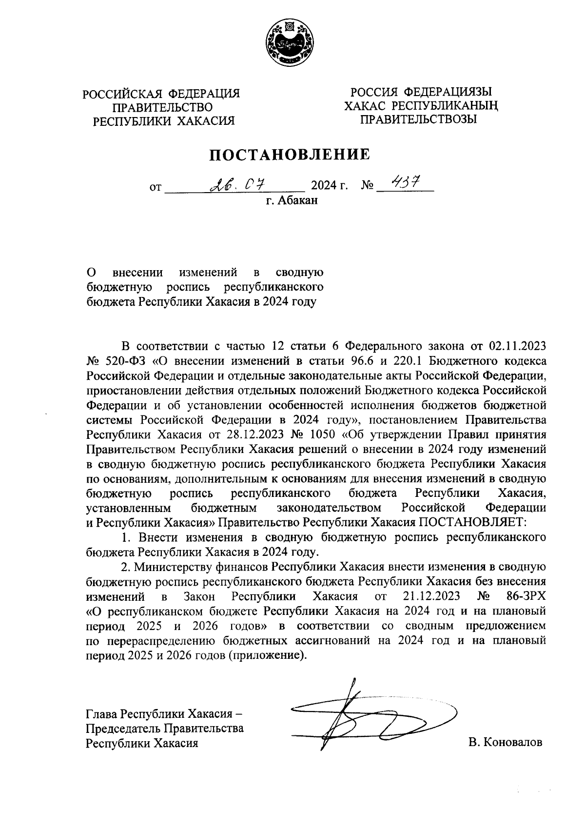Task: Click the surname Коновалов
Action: click(x=511, y=742)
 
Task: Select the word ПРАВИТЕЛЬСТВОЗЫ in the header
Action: click(x=417, y=119)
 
